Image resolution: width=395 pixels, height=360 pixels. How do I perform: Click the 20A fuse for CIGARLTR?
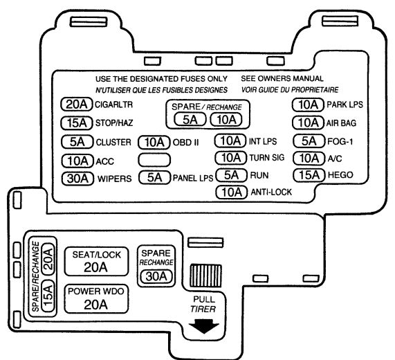(77, 105)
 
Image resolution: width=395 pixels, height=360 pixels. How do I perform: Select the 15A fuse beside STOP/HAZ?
(77, 123)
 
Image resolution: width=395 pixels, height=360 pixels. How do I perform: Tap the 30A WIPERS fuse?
(77, 179)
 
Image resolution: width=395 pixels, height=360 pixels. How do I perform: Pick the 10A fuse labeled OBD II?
(154, 143)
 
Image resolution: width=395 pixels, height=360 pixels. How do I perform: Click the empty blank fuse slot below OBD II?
(154, 160)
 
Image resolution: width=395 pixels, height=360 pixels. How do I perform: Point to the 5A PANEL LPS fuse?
(154, 177)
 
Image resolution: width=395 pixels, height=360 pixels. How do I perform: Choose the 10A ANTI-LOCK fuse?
(232, 192)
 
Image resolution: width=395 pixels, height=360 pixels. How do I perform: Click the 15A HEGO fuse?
(309, 175)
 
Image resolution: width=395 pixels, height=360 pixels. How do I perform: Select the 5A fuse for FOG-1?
(309, 141)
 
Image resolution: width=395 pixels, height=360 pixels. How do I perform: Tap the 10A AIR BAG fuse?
(308, 123)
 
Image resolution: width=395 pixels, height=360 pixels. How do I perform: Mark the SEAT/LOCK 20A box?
(96, 262)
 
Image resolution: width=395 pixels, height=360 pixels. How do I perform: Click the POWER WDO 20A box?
(96, 299)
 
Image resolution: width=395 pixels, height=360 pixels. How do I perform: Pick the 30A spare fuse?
(156, 276)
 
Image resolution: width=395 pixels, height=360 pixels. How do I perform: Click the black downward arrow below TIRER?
(204, 326)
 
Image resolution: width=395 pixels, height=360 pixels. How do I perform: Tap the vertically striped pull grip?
(205, 276)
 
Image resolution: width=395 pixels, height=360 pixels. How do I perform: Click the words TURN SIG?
(267, 158)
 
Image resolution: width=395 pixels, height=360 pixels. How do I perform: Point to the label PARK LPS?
(345, 105)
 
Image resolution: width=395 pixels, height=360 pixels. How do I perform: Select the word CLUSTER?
(113, 142)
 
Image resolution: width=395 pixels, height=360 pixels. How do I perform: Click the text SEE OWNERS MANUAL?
(282, 79)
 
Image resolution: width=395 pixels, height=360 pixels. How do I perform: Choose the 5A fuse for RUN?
(231, 175)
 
